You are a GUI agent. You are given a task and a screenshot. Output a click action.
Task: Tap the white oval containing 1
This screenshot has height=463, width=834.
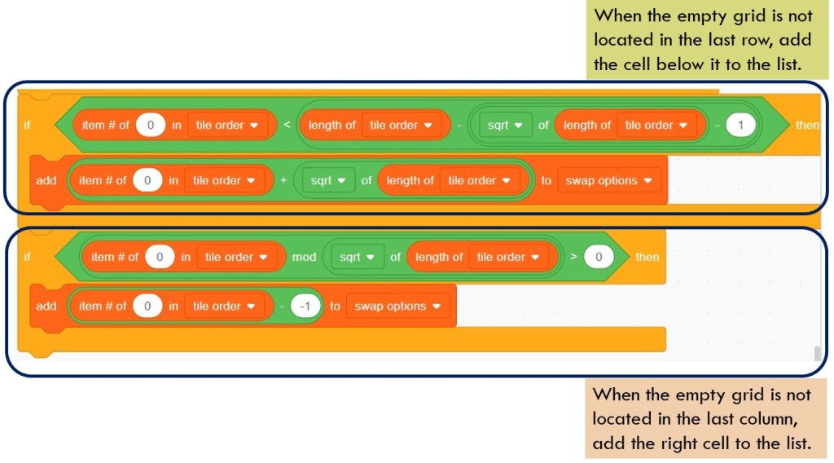pos(740,125)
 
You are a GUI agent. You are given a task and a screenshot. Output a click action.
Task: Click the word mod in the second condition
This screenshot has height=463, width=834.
pos(304,257)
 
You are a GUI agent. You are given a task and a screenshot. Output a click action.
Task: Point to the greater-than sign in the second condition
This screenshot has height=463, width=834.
pos(573,257)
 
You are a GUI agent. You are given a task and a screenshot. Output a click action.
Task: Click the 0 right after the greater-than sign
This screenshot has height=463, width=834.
pos(599,257)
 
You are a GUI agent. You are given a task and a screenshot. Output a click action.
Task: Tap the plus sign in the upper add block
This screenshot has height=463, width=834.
pos(283,181)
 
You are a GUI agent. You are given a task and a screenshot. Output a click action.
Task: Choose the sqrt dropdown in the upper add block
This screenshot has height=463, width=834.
pos(328,181)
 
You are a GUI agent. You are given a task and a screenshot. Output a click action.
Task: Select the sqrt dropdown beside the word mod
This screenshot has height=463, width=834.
pos(356,257)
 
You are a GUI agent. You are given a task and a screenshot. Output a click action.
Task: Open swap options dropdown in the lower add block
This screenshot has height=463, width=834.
pos(397,306)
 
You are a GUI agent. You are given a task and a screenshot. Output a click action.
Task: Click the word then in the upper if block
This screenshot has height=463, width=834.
pos(808,125)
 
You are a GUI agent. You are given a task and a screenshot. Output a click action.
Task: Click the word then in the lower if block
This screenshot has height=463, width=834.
pos(647,257)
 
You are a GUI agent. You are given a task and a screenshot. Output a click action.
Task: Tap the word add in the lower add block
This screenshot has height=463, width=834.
pos(46,306)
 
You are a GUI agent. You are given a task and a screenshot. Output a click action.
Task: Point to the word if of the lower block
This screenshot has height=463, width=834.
pos(27,257)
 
